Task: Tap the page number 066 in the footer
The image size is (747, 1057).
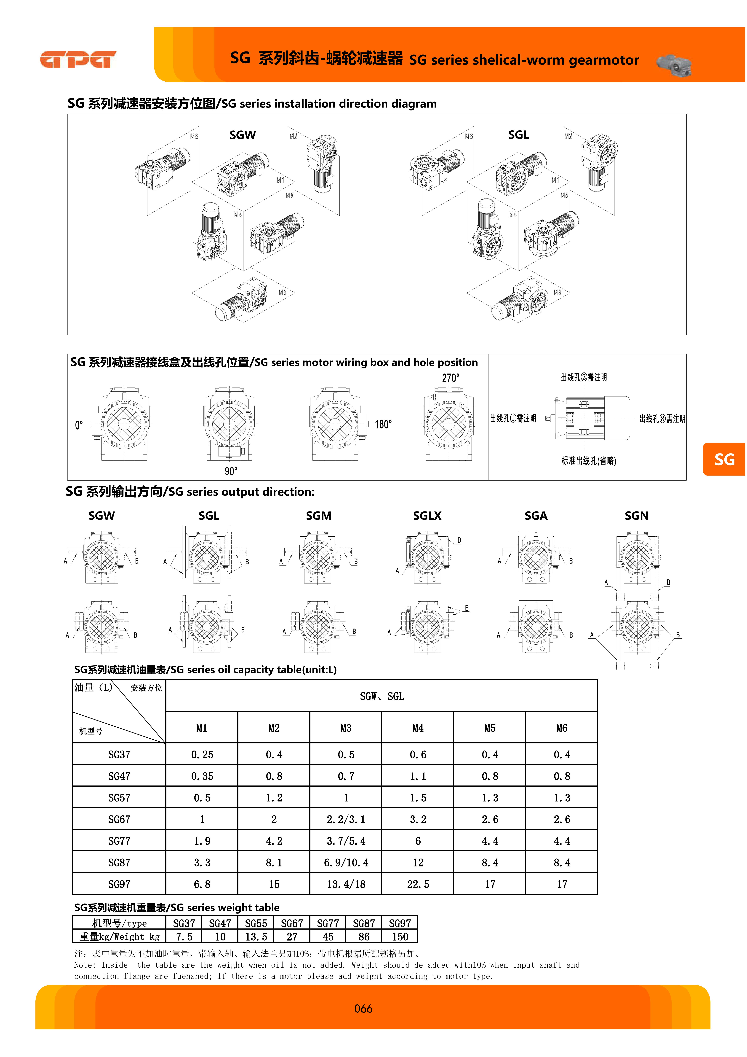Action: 363,1009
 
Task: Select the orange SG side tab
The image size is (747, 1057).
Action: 724,459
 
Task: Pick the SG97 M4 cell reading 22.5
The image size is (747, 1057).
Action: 418,884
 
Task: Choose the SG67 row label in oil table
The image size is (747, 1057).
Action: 119,819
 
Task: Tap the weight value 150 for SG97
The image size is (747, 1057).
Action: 400,937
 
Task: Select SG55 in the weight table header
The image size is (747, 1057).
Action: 256,923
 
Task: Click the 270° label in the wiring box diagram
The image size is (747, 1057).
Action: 451,378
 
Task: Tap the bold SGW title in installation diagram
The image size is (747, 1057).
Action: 243,135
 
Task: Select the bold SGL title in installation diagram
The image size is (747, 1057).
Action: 518,135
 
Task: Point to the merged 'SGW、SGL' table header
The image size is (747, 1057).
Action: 382,697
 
